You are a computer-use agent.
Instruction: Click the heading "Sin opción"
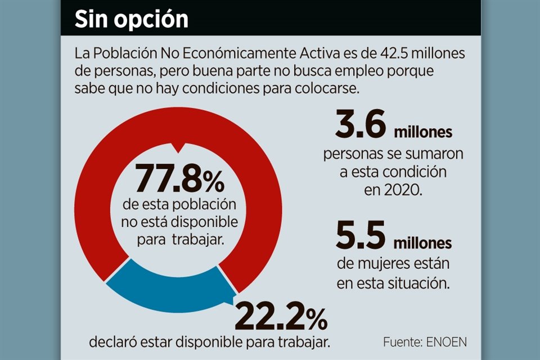tap(132, 19)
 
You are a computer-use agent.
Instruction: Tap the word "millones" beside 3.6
tap(423, 133)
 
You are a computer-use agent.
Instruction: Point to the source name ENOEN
tap(447, 342)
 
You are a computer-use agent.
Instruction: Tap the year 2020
tap(403, 190)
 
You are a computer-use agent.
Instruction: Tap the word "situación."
tap(418, 282)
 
